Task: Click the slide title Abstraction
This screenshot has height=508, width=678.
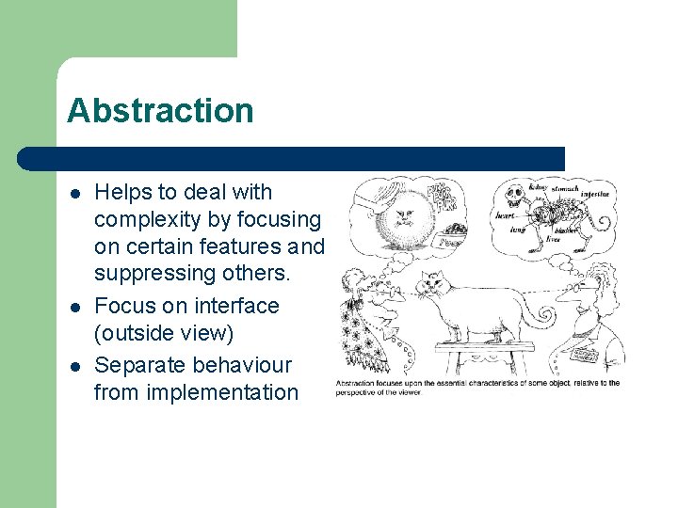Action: (160, 111)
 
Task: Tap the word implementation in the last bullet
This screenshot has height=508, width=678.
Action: (196, 392)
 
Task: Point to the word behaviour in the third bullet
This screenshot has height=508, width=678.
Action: (243, 364)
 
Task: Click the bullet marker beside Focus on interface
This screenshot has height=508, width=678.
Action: (74, 307)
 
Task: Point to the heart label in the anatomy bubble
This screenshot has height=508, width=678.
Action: (506, 215)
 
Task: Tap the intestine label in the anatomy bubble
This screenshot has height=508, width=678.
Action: (595, 195)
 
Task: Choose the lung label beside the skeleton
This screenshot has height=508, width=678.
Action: (517, 229)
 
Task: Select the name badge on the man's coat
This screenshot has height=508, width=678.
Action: (585, 356)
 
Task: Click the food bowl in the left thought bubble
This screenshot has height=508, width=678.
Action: (456, 229)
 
